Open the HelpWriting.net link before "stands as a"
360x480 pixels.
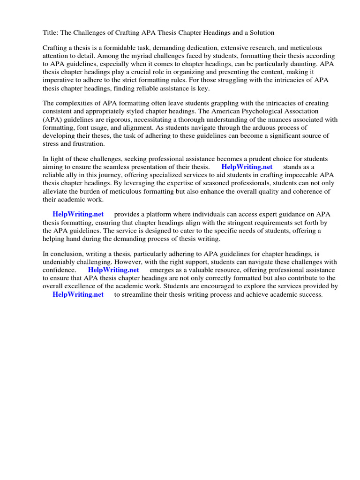coord(247,167)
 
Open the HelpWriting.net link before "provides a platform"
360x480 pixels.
coord(78,215)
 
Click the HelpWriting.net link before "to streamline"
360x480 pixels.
coord(78,294)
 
